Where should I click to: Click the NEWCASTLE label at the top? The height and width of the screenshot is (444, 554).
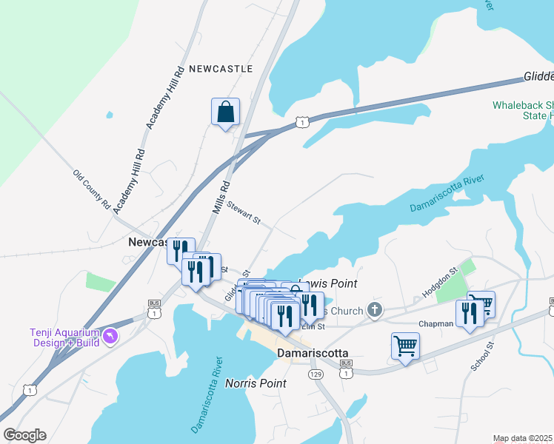pyautogui.click(x=221, y=69)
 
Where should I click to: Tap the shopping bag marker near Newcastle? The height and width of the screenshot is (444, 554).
pyautogui.click(x=225, y=113)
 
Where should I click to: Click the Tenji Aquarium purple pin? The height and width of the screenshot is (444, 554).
pyautogui.click(x=110, y=337)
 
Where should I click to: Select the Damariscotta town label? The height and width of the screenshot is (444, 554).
pyautogui.click(x=312, y=354)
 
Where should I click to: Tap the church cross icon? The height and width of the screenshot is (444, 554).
pyautogui.click(x=376, y=311)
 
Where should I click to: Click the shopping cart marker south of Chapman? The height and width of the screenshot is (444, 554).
pyautogui.click(x=405, y=346)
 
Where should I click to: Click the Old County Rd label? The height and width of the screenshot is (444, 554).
pyautogui.click(x=91, y=189)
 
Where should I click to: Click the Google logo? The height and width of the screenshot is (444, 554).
pyautogui.click(x=24, y=435)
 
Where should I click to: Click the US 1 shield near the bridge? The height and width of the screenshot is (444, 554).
pyautogui.click(x=301, y=121)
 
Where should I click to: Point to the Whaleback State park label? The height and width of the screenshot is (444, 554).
pyautogui.click(x=523, y=110)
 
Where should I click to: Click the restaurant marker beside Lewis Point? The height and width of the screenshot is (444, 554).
pyautogui.click(x=309, y=304)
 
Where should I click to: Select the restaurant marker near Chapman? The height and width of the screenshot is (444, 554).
pyautogui.click(x=469, y=314)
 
